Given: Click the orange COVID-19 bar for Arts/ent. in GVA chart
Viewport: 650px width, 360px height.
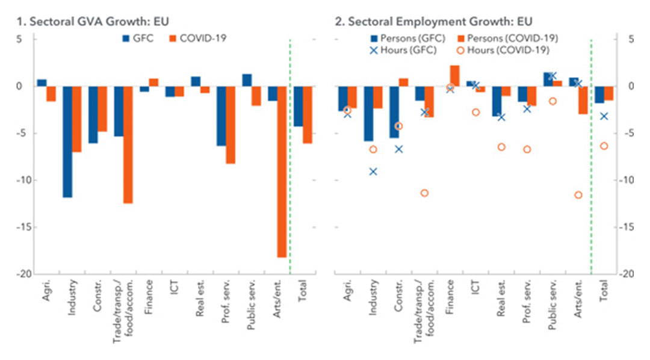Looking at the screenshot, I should (x=282, y=172).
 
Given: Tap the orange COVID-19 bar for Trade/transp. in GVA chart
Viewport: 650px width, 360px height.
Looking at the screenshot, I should (x=128, y=144).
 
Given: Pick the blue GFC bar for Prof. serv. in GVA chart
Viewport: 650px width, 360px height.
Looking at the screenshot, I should (x=221, y=116).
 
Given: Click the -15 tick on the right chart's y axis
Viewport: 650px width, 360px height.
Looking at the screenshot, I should (x=627, y=227).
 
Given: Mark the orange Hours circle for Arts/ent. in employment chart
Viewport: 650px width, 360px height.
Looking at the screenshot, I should (x=578, y=195).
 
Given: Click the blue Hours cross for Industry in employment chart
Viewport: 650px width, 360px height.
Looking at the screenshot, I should (x=373, y=172).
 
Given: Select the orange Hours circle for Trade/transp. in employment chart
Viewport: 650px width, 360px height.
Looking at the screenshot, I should (x=424, y=193).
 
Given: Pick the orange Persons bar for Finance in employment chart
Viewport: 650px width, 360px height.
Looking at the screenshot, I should (x=454, y=76).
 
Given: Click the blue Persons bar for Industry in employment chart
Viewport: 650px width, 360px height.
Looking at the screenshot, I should (x=368, y=113).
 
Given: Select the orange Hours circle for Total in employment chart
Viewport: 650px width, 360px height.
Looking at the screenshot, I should (x=604, y=146).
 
